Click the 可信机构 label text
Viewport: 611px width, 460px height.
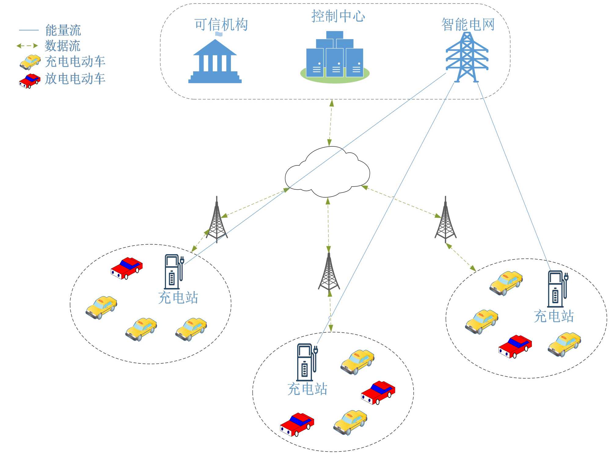point(221,25)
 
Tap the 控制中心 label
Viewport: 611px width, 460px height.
point(338,16)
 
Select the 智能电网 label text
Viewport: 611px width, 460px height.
point(468,25)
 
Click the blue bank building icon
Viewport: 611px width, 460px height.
point(215,61)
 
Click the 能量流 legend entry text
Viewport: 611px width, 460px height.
point(63,30)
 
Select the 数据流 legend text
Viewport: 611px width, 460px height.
point(63,46)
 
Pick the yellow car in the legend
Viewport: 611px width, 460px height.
point(30,62)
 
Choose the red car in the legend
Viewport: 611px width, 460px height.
point(30,81)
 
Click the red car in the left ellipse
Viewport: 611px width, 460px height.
point(126,268)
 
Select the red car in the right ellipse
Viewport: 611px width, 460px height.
point(515,346)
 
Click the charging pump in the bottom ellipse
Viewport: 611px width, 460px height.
point(307,362)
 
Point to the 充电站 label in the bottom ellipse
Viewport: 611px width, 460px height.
point(307,389)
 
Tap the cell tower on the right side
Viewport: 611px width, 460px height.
point(445,220)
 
